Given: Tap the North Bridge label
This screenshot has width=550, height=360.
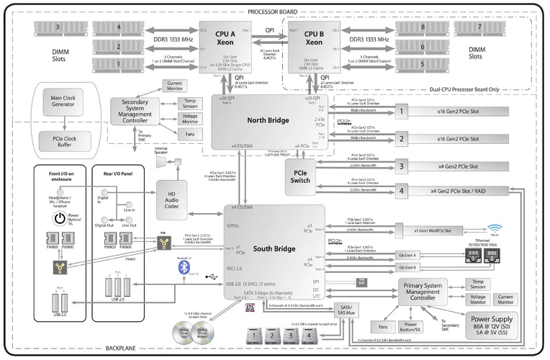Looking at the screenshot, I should click(269, 120).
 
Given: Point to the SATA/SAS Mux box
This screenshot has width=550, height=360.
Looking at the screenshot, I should click(347, 309).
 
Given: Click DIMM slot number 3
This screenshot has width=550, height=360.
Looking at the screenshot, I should click(57, 27).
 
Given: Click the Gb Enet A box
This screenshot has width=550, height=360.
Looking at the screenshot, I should click(410, 255).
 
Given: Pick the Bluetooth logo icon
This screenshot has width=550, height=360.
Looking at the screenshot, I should click(184, 268).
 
